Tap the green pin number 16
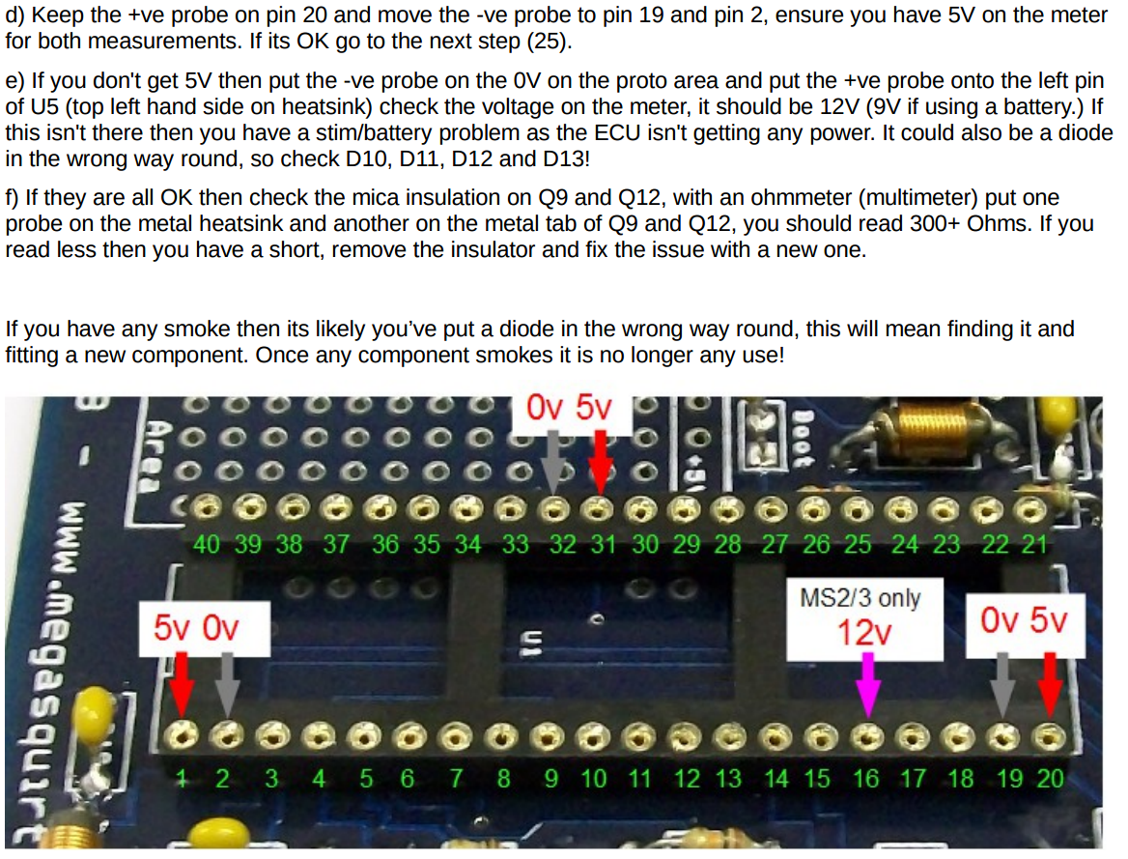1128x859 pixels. click(866, 779)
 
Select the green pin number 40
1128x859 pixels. click(207, 544)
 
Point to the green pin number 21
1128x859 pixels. click(1034, 544)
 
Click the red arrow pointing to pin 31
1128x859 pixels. click(600, 459)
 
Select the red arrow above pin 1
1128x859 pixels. click(182, 682)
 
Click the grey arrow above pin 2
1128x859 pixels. click(227, 682)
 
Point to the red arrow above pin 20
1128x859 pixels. click(1050, 682)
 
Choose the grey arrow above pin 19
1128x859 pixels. click(1004, 682)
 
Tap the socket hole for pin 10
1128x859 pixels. click(589, 735)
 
